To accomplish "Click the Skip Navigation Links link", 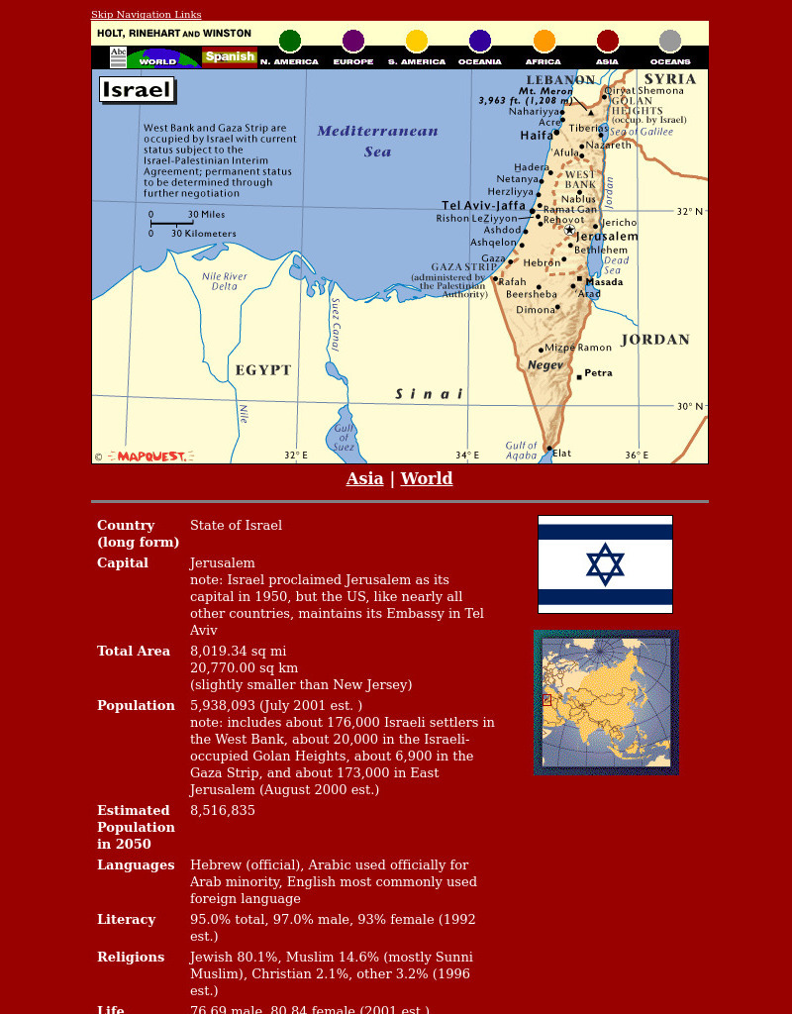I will [x=146, y=15].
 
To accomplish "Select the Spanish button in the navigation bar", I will [x=230, y=56].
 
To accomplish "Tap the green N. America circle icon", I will [x=289, y=41].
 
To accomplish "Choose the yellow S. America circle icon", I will [x=417, y=41].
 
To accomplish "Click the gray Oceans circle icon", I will [x=670, y=41].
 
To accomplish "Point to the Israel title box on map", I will [x=137, y=90].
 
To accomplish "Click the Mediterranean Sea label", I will [x=377, y=141].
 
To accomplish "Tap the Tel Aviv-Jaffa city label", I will [x=483, y=206].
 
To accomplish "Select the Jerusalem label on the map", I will [x=607, y=237].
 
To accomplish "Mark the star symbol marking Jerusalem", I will [x=569, y=230].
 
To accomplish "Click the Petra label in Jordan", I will [x=598, y=373].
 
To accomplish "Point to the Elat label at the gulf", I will [x=561, y=454].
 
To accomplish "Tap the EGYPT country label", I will [x=262, y=370].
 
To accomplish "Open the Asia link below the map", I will [x=364, y=479].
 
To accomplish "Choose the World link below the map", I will [x=426, y=479].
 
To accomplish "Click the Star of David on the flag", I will [x=605, y=564].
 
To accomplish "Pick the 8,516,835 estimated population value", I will [x=223, y=811].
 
